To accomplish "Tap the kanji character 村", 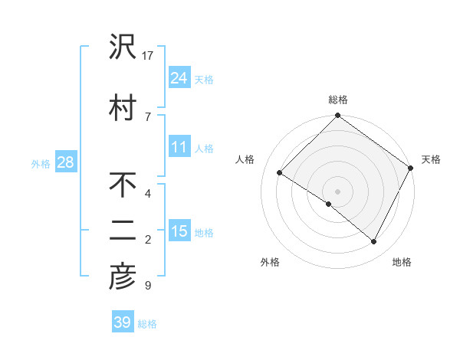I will click(123, 107).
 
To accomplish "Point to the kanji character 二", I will click(123, 231).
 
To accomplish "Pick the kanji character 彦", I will click(123, 277).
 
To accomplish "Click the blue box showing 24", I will click(179, 77).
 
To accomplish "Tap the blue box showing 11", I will click(179, 147).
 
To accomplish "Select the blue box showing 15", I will click(179, 231).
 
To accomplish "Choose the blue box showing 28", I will click(65, 163).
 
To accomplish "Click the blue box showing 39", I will click(122, 322).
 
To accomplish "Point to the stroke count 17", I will click(148, 56).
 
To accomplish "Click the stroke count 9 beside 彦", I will click(147, 286).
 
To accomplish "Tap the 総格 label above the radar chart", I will click(337, 100).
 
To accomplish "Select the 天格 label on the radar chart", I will click(431, 159).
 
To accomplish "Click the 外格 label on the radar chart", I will click(270, 262).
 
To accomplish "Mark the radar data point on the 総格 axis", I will click(337, 116).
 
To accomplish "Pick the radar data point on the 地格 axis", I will click(374, 242).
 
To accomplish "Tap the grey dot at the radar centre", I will click(337, 191).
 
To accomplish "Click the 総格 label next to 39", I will click(147, 324).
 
